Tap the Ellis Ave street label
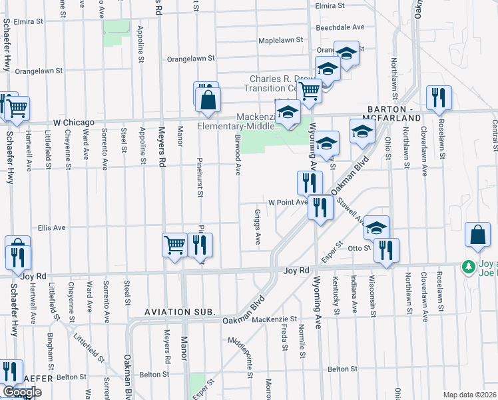coord(52,227)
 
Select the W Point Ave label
coord(288,202)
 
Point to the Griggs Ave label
coord(256,227)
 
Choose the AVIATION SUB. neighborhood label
coord(180,311)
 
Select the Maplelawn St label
coord(280,40)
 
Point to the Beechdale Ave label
coord(341,27)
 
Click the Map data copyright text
coord(469,395)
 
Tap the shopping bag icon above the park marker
coord(477,235)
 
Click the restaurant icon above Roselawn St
coord(439,97)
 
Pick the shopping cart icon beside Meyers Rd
coord(174,245)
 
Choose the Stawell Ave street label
coord(351,209)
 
